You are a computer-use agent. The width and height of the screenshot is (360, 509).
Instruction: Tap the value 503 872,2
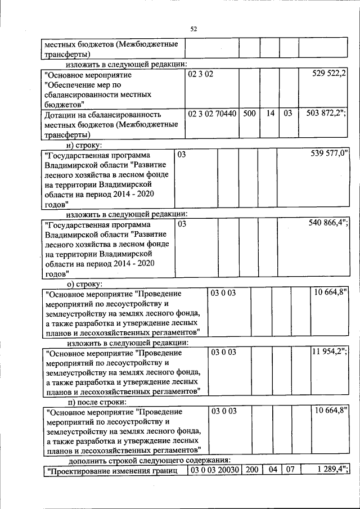click(326, 114)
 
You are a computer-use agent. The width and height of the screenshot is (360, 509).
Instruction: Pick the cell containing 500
click(249, 114)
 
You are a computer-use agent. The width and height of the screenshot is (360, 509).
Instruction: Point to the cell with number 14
click(270, 114)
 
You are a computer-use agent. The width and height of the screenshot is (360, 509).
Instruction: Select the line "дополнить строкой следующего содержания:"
click(136, 461)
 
